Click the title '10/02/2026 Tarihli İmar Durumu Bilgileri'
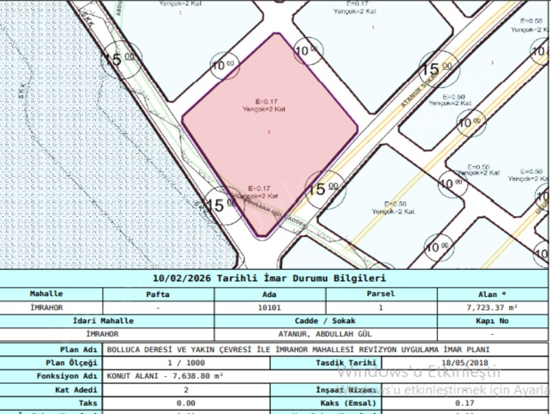click(269, 279)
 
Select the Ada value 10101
click(269, 307)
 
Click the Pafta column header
click(158, 294)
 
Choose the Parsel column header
click(380, 294)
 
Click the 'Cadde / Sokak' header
click(325, 321)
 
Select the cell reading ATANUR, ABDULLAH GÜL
click(325, 333)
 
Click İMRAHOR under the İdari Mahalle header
click(103, 333)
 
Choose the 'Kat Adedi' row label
click(76, 390)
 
